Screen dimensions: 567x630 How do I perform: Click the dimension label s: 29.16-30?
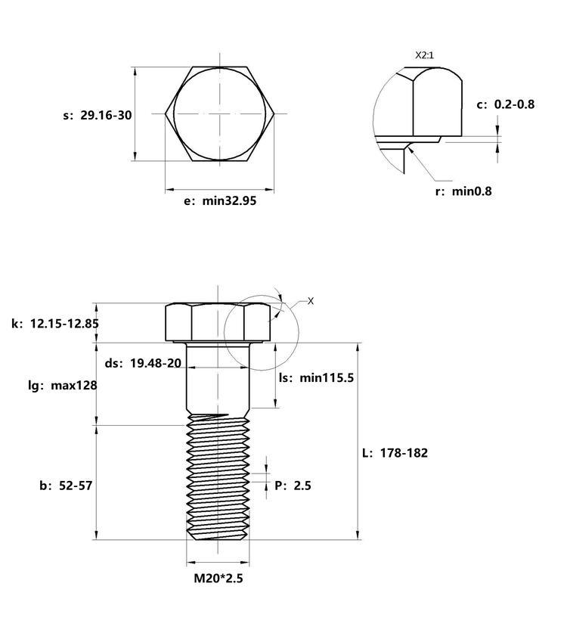[x=98, y=115]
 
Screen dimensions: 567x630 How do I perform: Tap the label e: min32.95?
[x=220, y=200]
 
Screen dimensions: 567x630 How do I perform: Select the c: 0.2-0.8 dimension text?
[x=506, y=104]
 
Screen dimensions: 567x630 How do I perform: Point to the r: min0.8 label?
[x=463, y=191]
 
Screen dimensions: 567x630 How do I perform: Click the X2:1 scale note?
[x=424, y=55]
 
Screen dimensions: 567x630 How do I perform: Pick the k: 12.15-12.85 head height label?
[x=55, y=324]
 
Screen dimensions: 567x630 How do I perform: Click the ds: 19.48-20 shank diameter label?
[x=143, y=363]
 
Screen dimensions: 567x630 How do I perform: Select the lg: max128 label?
[x=63, y=386]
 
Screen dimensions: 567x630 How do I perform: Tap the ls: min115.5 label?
[x=317, y=377]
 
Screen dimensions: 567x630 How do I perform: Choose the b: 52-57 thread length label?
[x=66, y=486]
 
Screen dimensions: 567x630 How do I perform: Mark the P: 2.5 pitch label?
[x=293, y=486]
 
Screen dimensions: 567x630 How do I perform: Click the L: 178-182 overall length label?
[x=395, y=453]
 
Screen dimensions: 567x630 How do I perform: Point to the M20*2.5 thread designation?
[x=218, y=578]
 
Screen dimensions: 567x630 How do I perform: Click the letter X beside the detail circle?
[x=311, y=301]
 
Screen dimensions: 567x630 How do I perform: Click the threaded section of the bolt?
[x=218, y=478]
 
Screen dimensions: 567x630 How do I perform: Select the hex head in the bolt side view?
[x=218, y=323]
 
